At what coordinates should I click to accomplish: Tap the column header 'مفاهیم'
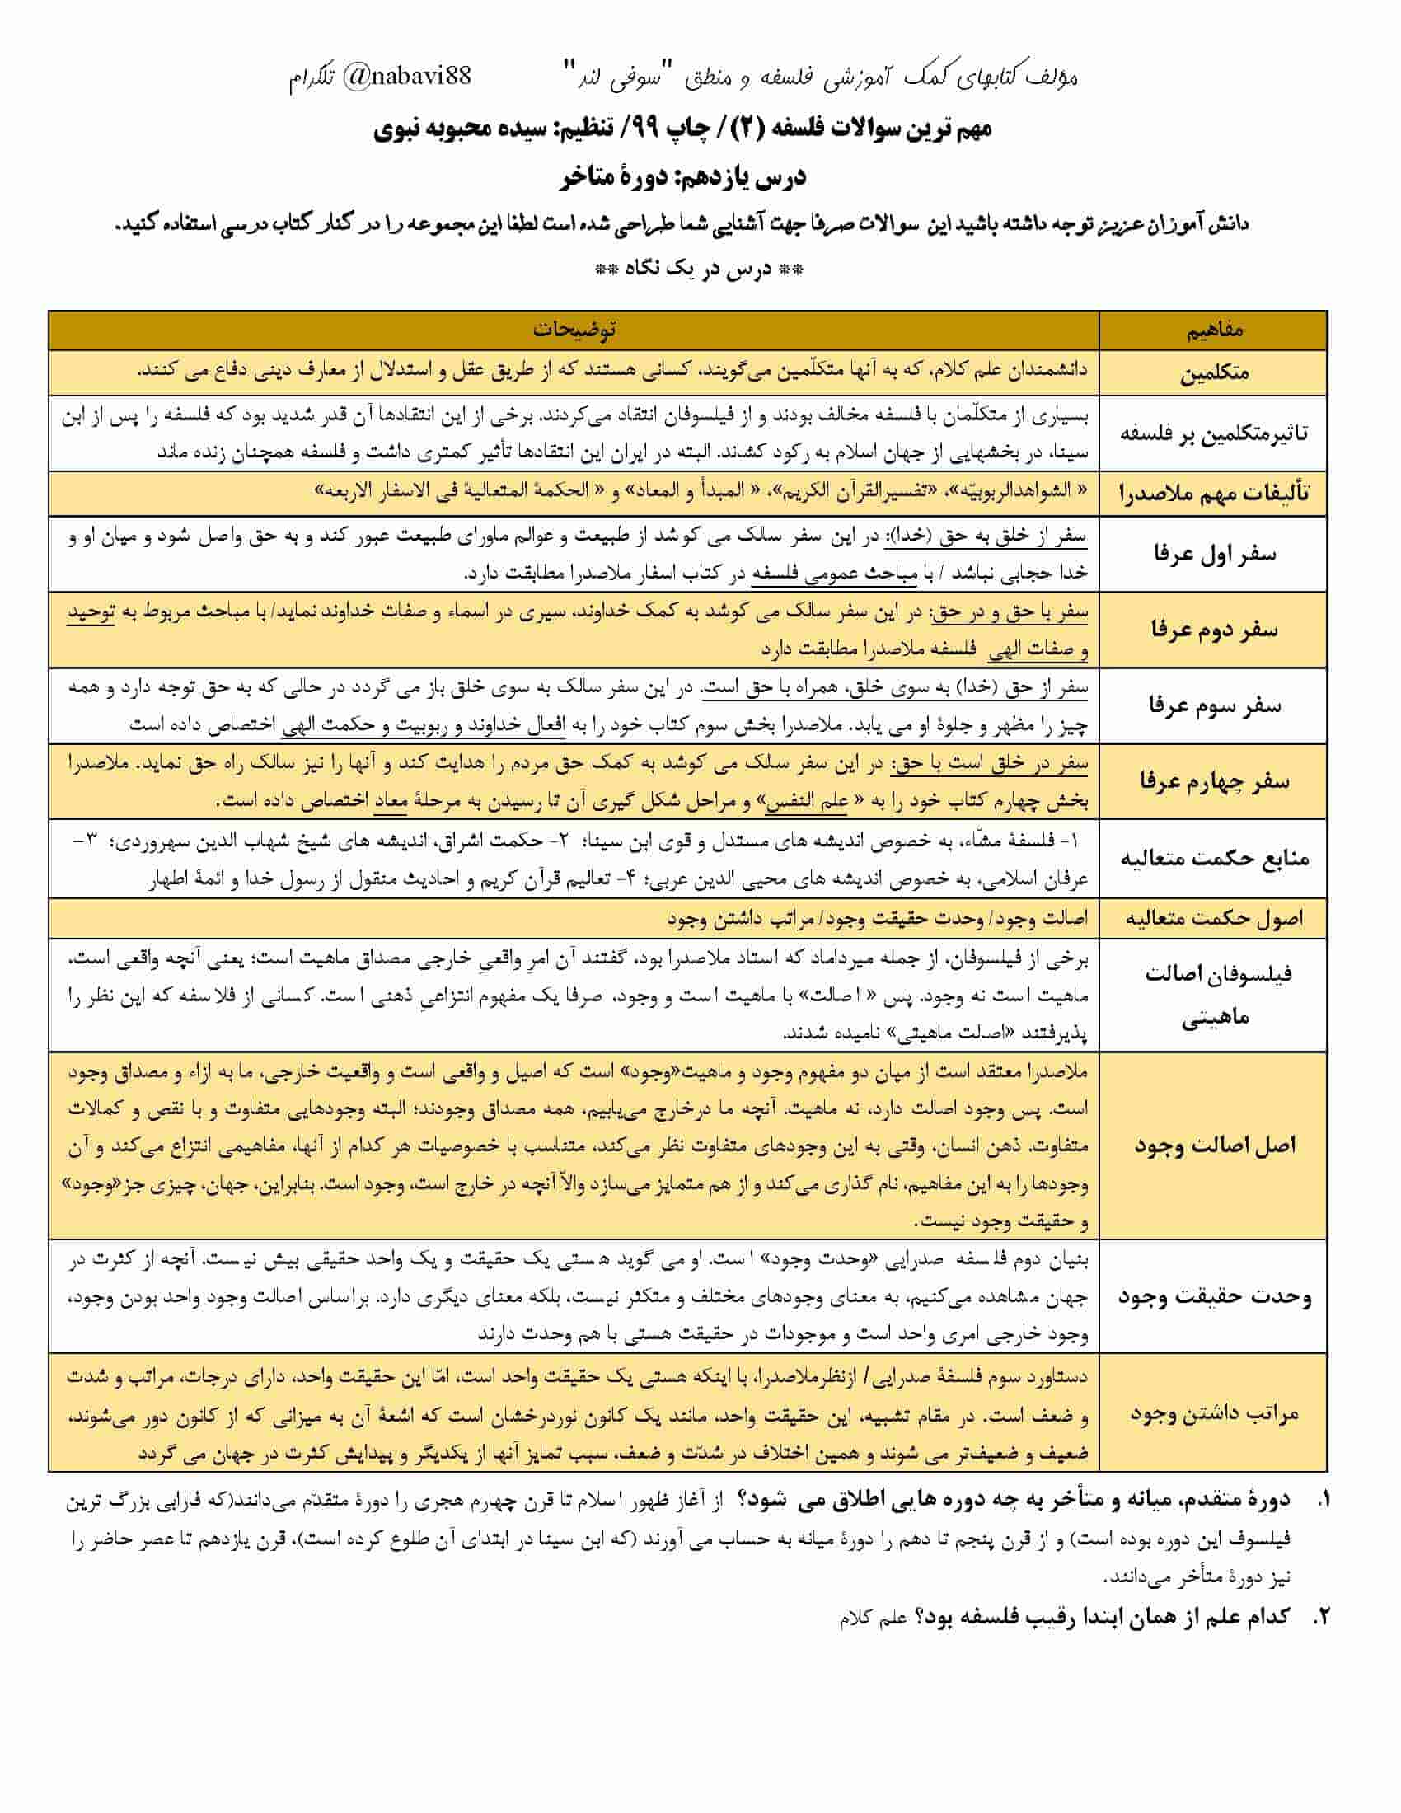pyautogui.click(x=1213, y=330)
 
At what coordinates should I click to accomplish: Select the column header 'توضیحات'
pyautogui.click(x=574, y=330)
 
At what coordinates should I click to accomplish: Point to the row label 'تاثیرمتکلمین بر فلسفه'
pyautogui.click(x=1213, y=433)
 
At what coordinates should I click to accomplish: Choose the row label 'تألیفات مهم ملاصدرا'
pyautogui.click(x=1213, y=494)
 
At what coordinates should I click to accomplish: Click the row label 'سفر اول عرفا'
pyautogui.click(x=1213, y=554)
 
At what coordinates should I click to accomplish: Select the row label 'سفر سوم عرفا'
pyautogui.click(x=1213, y=706)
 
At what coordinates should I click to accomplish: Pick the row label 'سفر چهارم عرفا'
pyautogui.click(x=1213, y=782)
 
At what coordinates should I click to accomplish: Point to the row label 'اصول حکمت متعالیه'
pyautogui.click(x=1213, y=918)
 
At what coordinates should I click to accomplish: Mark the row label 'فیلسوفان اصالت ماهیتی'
pyautogui.click(x=1213, y=995)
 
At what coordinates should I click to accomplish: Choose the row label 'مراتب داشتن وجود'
pyautogui.click(x=1213, y=1413)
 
